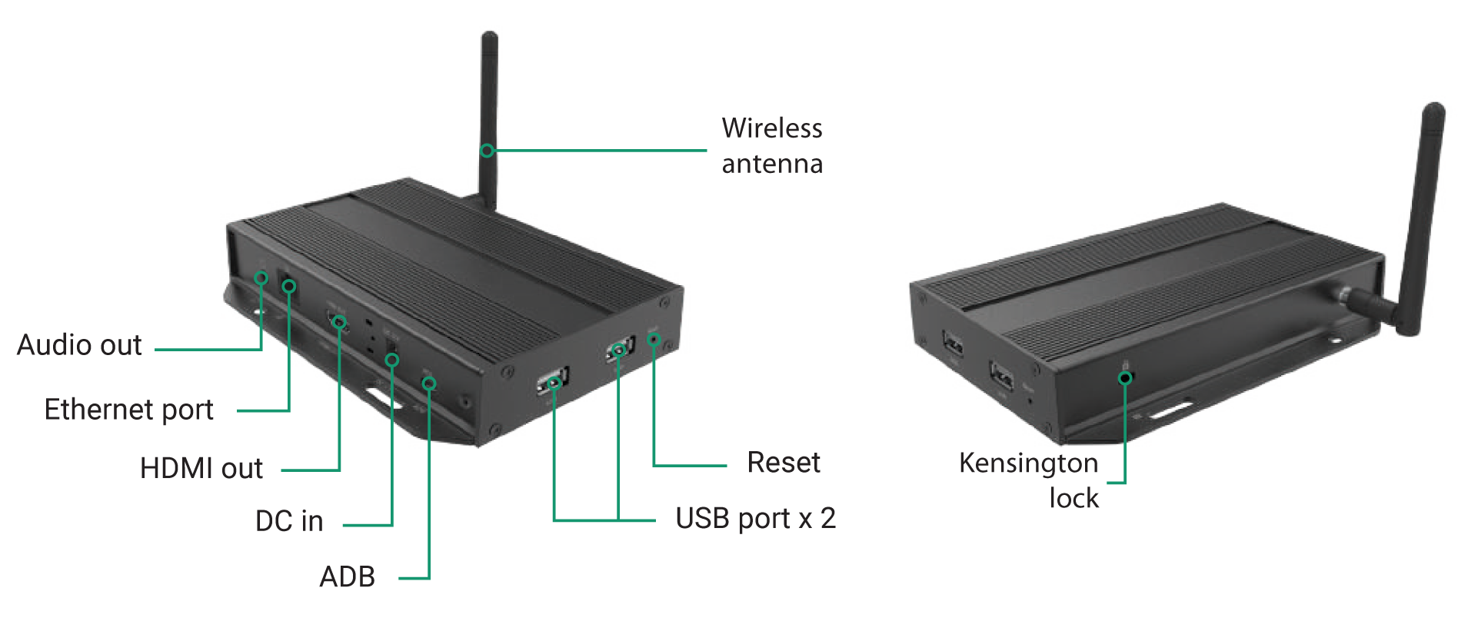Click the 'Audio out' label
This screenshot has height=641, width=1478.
point(79,345)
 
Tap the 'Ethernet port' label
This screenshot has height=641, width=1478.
point(128,410)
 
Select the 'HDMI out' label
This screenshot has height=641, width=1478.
point(201,468)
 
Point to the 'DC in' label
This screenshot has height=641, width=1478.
point(289,521)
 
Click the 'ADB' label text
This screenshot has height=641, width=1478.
point(348,576)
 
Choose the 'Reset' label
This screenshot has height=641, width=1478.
point(784,463)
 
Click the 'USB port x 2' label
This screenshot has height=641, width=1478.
point(754,519)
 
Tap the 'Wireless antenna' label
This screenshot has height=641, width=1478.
point(771,146)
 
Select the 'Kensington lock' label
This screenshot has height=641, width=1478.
point(1029,480)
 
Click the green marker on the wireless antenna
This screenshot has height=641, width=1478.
point(487,150)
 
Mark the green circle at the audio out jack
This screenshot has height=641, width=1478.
point(261,277)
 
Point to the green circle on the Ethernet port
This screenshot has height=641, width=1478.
point(289,287)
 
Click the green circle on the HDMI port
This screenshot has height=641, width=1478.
point(339,321)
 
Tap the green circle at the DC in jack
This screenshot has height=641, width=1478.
point(392,359)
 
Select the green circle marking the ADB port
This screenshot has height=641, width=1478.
point(429,383)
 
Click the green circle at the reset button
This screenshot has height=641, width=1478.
point(654,339)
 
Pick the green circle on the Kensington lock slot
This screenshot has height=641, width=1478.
point(1125,377)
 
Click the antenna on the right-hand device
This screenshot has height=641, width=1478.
point(1423,215)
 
